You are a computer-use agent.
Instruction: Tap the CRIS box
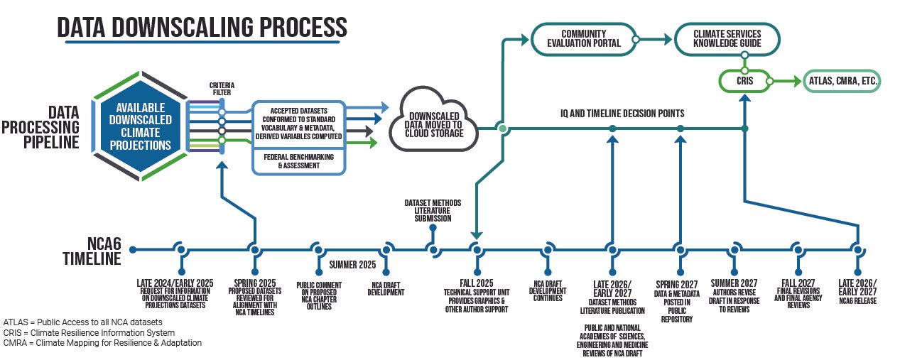point(743,82)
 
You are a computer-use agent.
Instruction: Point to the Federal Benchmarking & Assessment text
point(299,160)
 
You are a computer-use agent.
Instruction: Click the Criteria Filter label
point(221,89)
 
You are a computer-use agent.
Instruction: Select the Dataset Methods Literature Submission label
point(428,211)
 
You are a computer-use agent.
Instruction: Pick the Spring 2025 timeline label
point(254,282)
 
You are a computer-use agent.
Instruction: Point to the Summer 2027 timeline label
point(734,282)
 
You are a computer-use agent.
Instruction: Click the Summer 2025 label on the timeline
point(352,265)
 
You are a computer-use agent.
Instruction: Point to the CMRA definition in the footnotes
point(102,342)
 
